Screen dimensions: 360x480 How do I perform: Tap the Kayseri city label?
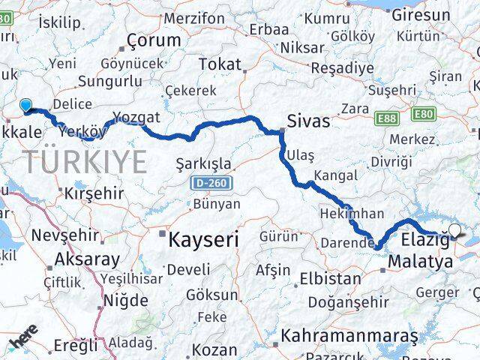[x=202, y=240]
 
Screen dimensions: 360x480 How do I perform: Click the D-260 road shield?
[x=211, y=183]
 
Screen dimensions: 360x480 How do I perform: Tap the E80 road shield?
[x=422, y=114]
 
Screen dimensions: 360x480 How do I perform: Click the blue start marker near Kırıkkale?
[x=26, y=106]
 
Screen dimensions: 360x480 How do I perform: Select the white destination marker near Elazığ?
[x=454, y=230]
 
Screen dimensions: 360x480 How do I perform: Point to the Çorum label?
[x=154, y=40]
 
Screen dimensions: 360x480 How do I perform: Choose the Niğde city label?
[x=124, y=300]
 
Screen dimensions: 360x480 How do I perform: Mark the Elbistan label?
[x=331, y=279]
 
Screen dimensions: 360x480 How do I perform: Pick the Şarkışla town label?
[x=202, y=163]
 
